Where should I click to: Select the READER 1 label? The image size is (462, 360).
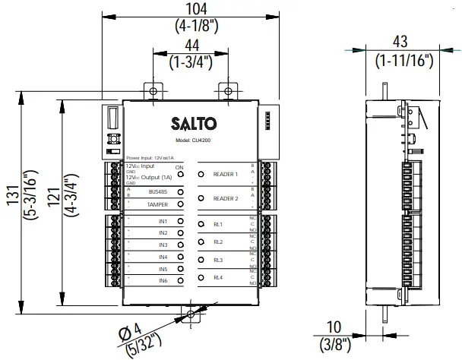(x=226, y=174)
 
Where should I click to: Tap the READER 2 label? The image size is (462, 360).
(x=226, y=198)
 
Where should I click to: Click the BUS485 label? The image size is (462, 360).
(x=158, y=192)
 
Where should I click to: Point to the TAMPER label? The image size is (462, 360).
(x=158, y=204)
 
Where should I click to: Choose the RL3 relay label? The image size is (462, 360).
(x=218, y=260)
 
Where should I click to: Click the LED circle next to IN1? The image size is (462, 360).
(x=180, y=221)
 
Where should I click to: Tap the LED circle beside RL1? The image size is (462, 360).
(x=201, y=224)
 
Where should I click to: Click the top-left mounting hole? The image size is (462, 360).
(x=153, y=91)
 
